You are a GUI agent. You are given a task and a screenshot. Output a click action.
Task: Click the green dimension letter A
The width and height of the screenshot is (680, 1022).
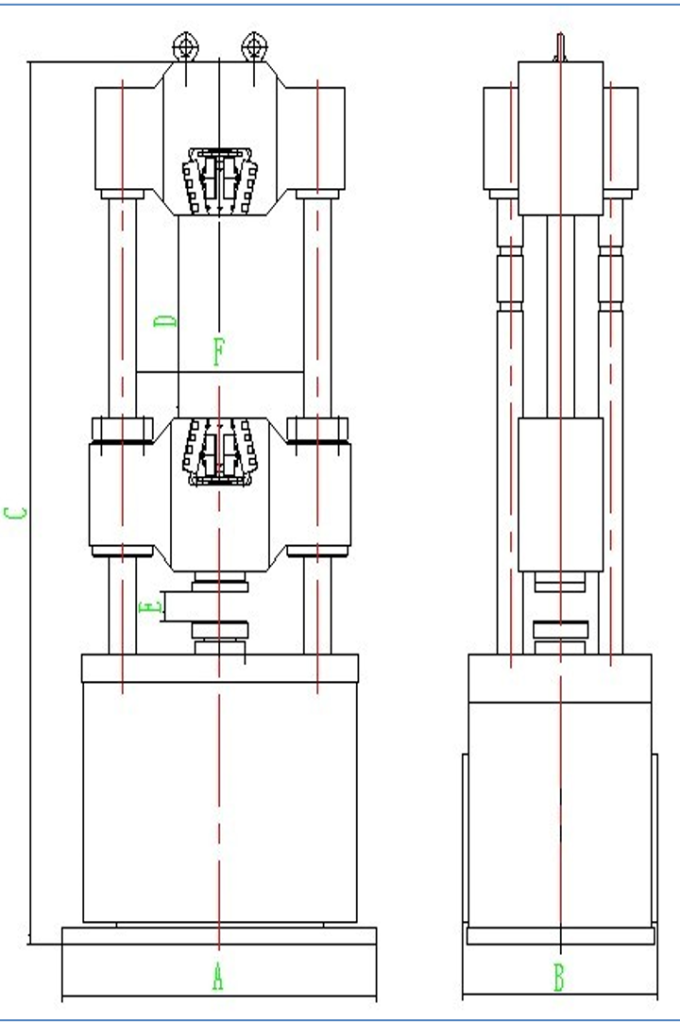[x=218, y=977]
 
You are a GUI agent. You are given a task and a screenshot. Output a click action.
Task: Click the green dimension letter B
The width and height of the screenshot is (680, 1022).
[x=559, y=978]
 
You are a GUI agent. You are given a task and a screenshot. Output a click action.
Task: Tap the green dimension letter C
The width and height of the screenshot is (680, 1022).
[x=16, y=513]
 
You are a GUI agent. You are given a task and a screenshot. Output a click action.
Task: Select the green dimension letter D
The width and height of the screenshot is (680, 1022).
[x=165, y=321]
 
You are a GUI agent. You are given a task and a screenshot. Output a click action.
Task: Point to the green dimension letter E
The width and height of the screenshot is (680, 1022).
[x=150, y=608]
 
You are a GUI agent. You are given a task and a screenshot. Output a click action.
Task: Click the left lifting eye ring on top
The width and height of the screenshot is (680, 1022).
[x=186, y=47]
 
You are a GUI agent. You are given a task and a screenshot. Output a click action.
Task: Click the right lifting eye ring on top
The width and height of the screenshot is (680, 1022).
[x=254, y=47]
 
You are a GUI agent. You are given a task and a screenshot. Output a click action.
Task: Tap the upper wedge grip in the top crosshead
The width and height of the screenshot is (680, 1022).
[x=220, y=181]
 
